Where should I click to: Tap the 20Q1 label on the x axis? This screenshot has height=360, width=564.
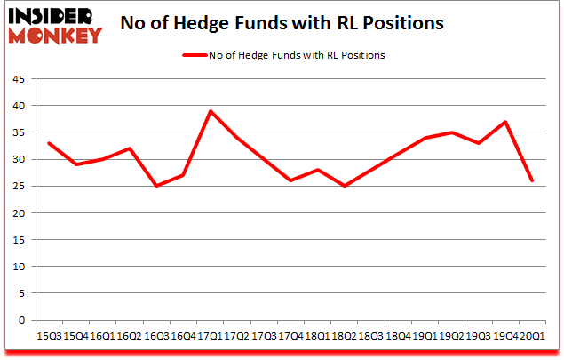click(x=531, y=335)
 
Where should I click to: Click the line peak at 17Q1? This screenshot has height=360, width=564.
click(x=210, y=111)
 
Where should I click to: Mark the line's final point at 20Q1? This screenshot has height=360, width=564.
click(x=532, y=180)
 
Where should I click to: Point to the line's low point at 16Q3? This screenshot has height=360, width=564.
click(x=155, y=186)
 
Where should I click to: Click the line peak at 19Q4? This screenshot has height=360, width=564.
click(x=505, y=122)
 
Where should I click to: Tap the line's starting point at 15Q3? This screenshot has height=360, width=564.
click(x=48, y=143)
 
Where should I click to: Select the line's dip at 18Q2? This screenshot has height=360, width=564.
click(x=344, y=186)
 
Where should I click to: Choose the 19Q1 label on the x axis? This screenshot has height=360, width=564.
click(x=425, y=335)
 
